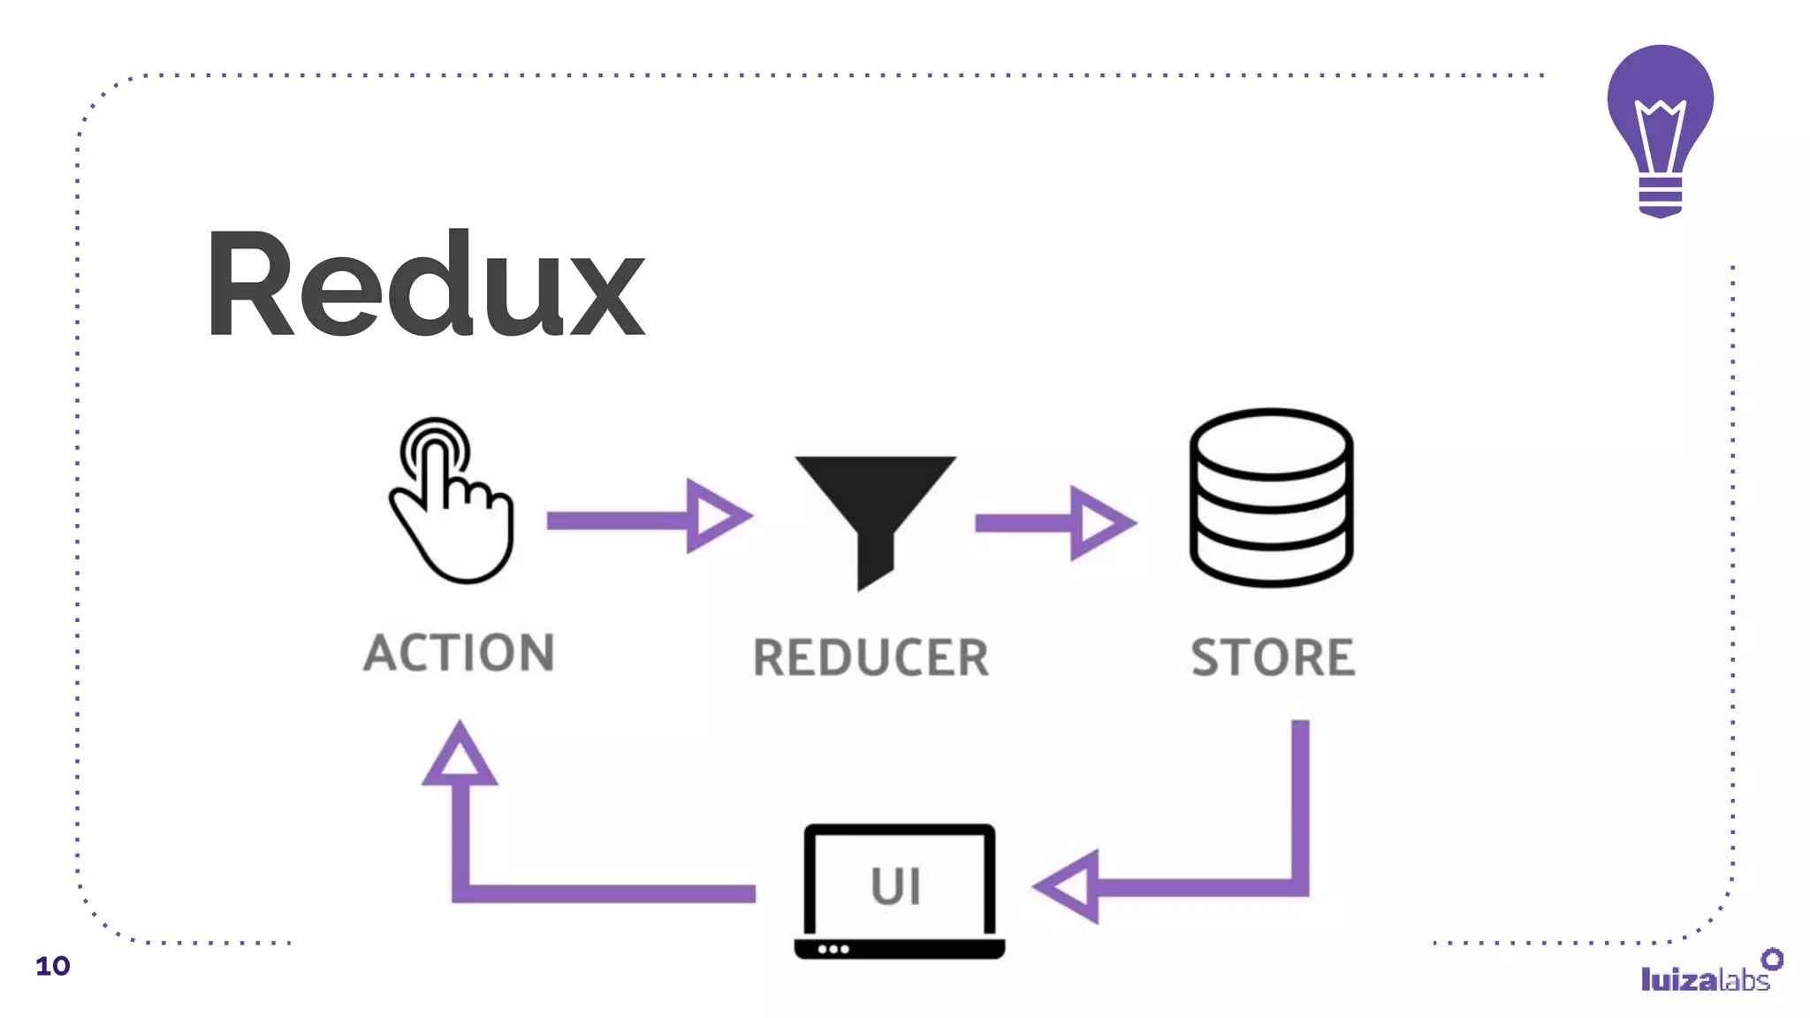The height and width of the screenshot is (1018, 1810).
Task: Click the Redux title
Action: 426,285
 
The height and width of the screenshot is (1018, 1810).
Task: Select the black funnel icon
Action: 875,513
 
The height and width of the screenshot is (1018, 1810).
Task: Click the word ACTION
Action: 459,653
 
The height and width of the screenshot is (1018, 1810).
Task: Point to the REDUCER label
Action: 871,658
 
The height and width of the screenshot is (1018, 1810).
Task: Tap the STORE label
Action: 1273,658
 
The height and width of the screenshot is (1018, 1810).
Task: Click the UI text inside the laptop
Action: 896,886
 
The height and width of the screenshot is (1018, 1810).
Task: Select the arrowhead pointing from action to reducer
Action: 716,517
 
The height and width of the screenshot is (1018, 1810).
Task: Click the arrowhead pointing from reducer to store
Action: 1099,523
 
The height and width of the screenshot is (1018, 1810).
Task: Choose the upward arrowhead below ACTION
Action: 460,757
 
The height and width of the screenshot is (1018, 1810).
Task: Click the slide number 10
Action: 52,966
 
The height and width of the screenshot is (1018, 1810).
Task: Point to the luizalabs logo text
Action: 1704,979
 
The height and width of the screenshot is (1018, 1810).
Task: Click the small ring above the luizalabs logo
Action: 1772,959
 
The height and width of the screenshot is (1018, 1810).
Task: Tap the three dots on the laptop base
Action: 833,949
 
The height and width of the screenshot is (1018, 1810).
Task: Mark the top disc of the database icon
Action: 1271,443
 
